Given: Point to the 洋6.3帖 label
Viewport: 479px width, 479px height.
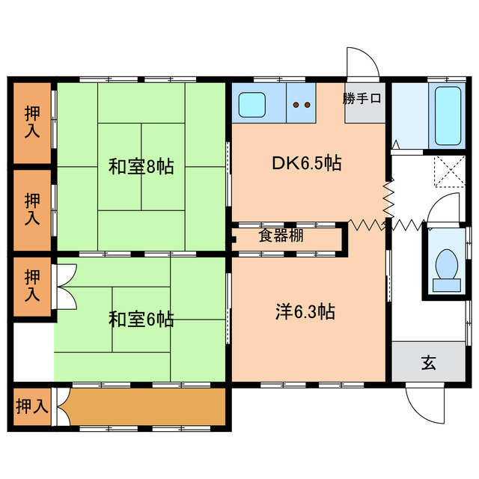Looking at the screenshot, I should pos(302,312).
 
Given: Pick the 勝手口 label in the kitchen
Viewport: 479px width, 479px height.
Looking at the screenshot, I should pos(363,98).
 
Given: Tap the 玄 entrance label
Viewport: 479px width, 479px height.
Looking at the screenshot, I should pos(428,363).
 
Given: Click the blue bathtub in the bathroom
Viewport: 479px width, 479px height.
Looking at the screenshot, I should pos(448,115).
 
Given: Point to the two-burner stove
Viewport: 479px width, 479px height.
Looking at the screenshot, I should pos(302,106).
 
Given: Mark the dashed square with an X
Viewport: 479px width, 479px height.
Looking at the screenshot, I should pos(449,171).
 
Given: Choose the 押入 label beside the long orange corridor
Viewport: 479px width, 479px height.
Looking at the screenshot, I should pos(31,406).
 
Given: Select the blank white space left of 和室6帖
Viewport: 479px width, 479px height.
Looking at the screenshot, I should pos(32,352).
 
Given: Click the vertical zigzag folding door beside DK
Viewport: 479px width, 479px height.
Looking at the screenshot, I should pos(388,201).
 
